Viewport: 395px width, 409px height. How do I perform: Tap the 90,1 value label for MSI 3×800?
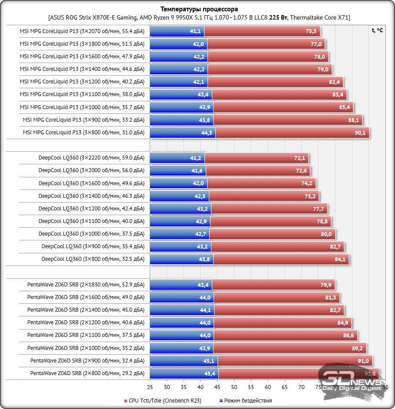pos(360,133)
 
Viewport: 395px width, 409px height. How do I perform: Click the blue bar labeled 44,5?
pos(183,133)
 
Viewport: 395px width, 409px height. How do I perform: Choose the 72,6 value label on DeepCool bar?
pos(301,170)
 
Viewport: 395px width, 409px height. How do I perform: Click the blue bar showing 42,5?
pos(179,196)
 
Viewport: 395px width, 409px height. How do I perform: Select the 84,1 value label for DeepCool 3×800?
pos(340,259)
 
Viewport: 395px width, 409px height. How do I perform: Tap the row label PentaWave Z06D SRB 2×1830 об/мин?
pos(85,285)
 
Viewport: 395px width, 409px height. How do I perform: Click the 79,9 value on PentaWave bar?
pos(326,285)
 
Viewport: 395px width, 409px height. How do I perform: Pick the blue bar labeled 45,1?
pos(184,361)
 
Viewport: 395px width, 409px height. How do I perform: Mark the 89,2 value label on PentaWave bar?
pos(357,348)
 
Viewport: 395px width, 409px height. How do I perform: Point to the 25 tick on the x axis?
pos(150,386)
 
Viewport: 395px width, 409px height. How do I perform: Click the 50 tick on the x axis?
pos(234,386)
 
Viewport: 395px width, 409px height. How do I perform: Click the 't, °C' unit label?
pos(377,30)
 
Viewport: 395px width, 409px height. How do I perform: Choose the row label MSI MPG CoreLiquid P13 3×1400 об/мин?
pos(82,69)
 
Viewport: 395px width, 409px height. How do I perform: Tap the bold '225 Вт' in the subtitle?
pos(277,17)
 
